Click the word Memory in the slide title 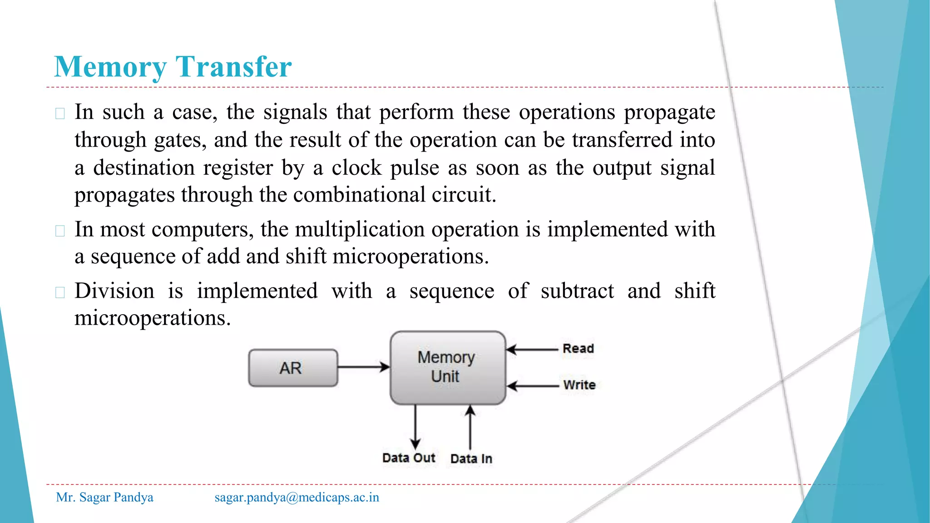(x=110, y=67)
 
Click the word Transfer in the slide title (x=233, y=67)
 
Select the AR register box (x=293, y=368)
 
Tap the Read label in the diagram (x=578, y=349)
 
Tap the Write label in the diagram (x=579, y=385)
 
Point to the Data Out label (x=408, y=458)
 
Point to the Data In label (x=471, y=459)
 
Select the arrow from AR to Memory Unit (x=363, y=367)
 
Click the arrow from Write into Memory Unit (x=532, y=386)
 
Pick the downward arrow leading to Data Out (x=415, y=427)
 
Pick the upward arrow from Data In (x=470, y=427)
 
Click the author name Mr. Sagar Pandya (x=104, y=497)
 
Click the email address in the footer (x=297, y=497)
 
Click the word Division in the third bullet (x=114, y=291)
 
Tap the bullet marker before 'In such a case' (x=60, y=113)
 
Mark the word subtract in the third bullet (x=577, y=291)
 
